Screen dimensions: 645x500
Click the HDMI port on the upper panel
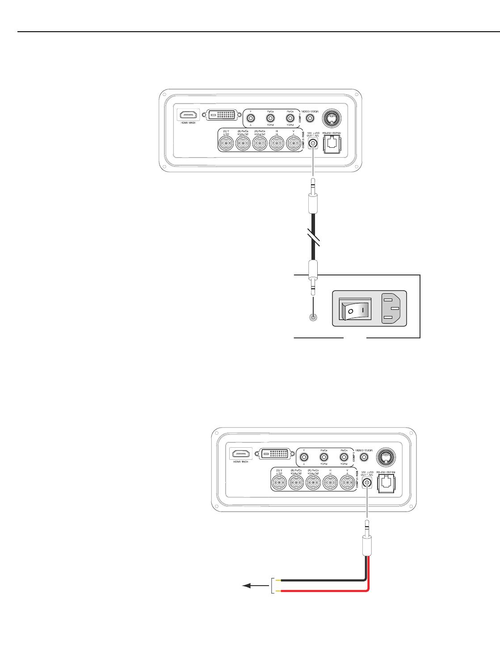(x=188, y=115)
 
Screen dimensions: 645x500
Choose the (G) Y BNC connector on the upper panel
(x=226, y=144)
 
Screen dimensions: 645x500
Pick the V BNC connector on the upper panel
(x=293, y=144)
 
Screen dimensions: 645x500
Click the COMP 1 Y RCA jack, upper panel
(x=251, y=118)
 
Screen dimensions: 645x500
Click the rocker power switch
(x=355, y=309)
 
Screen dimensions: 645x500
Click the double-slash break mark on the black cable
(x=314, y=237)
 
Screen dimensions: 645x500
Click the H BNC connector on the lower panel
(x=330, y=483)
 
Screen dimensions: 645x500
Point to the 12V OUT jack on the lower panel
(x=367, y=483)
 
